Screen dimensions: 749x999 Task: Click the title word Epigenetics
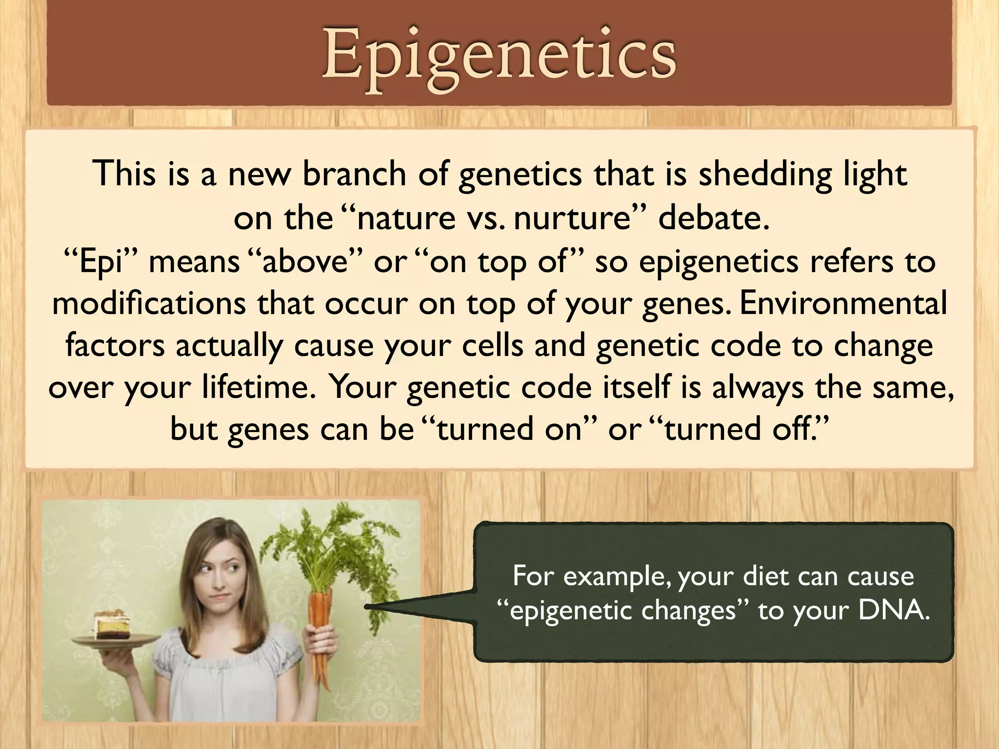tap(499, 54)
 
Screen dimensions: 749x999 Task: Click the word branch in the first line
tap(354, 174)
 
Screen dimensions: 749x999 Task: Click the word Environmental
tap(843, 303)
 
